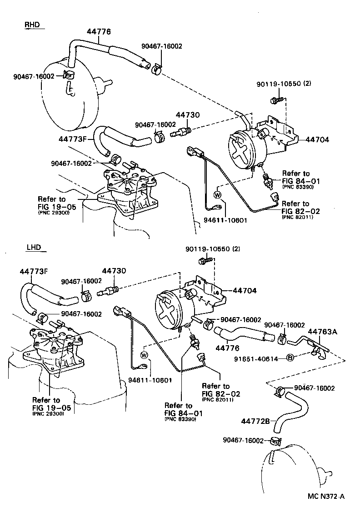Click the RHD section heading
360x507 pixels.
point(32,25)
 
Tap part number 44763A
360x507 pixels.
point(323,332)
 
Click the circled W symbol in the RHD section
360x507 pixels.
point(217,194)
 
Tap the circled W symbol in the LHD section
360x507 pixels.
point(145,354)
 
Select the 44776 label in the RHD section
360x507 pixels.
point(99,31)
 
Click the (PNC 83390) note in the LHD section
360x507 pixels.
point(180,419)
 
